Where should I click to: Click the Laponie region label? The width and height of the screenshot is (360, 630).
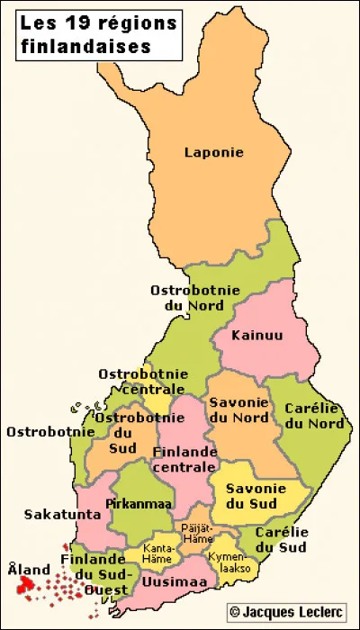click(x=214, y=152)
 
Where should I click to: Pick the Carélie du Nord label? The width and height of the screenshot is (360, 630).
click(x=313, y=415)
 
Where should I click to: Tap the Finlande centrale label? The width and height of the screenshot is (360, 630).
click(x=184, y=459)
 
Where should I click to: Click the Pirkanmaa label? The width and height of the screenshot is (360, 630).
click(x=133, y=503)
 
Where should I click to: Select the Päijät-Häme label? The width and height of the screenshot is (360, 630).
click(x=195, y=533)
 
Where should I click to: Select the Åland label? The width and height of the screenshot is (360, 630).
click(x=29, y=570)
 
